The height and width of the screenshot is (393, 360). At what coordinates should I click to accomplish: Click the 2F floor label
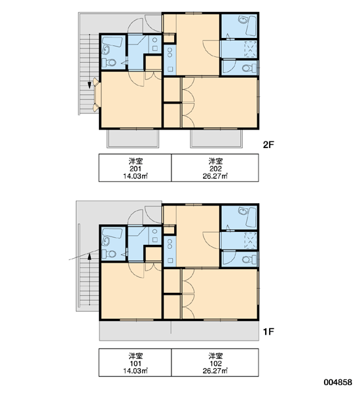(268, 145)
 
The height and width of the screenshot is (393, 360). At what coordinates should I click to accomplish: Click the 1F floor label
(268, 331)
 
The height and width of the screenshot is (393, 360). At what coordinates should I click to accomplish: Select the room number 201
(135, 169)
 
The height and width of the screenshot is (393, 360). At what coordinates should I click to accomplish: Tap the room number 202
(215, 169)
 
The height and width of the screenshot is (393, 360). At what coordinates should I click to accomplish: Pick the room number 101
(135, 364)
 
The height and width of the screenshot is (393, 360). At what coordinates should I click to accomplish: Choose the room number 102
(215, 364)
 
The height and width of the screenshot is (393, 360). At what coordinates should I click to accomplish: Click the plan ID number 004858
(338, 383)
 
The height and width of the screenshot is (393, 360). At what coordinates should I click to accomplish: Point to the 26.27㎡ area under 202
(215, 176)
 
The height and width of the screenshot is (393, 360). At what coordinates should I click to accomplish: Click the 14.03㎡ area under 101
(135, 371)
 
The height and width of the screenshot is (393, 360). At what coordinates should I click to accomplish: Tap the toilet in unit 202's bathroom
(249, 68)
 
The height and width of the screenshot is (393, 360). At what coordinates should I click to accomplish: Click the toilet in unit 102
(249, 259)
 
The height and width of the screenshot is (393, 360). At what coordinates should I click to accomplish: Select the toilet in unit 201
(109, 62)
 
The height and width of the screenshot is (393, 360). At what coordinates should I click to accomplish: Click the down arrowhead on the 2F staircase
(90, 85)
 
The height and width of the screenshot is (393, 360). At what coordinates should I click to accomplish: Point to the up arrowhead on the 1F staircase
(90, 256)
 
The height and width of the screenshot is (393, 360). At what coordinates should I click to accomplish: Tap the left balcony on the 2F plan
(133, 139)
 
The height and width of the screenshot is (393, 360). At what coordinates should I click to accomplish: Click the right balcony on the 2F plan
(217, 139)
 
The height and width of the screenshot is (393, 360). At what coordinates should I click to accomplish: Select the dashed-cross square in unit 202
(250, 49)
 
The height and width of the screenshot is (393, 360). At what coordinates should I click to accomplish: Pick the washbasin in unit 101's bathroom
(106, 241)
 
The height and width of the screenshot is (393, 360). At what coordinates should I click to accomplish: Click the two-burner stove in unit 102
(170, 244)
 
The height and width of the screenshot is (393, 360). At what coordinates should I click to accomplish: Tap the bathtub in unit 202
(251, 26)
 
